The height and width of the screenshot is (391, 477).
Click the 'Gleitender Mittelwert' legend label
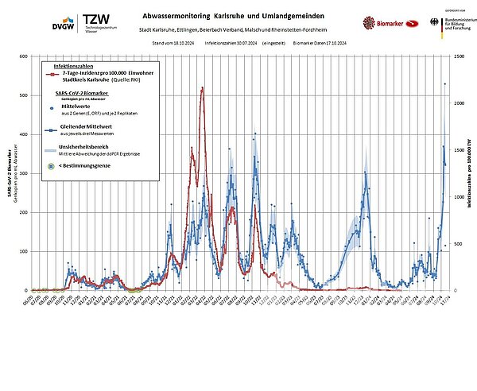pyautogui.click(x=87, y=126)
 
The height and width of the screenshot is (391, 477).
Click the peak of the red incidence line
pyautogui.click(x=202, y=87)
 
